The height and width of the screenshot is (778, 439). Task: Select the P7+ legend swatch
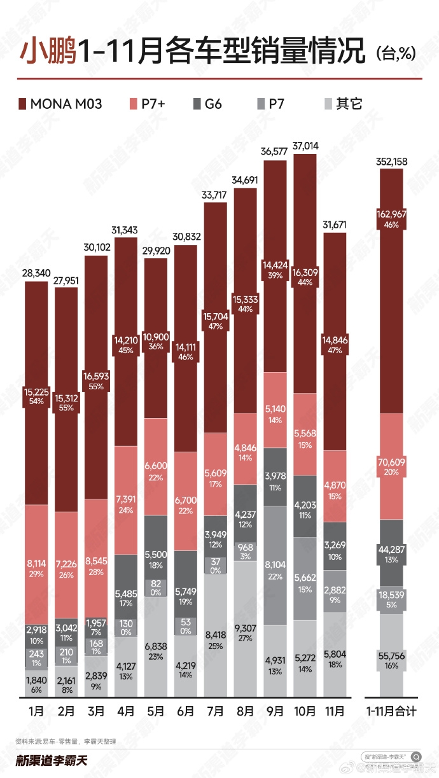point(134,103)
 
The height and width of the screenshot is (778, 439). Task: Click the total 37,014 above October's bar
point(306,146)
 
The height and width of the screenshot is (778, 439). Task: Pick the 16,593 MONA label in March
point(97,376)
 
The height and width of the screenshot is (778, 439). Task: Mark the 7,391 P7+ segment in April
point(126,499)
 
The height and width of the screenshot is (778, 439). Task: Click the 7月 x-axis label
point(216,711)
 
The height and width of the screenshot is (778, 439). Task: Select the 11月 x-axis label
point(335,711)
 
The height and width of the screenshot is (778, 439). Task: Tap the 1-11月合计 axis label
point(391,711)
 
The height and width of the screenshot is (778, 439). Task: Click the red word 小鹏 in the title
point(48,51)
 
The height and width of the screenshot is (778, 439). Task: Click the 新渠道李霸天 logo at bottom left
point(51,760)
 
